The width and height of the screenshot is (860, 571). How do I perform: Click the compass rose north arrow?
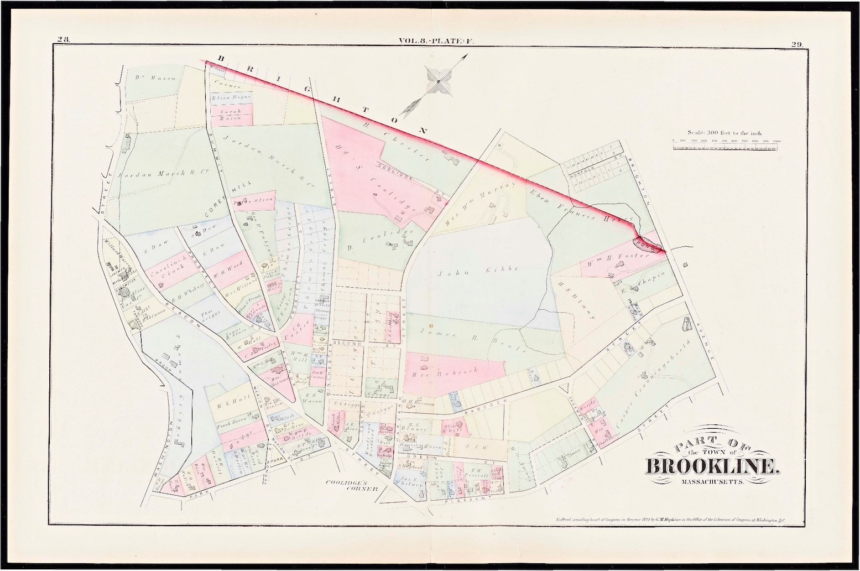coord(437,81)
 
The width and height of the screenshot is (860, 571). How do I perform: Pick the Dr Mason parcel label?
coord(155,78)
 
